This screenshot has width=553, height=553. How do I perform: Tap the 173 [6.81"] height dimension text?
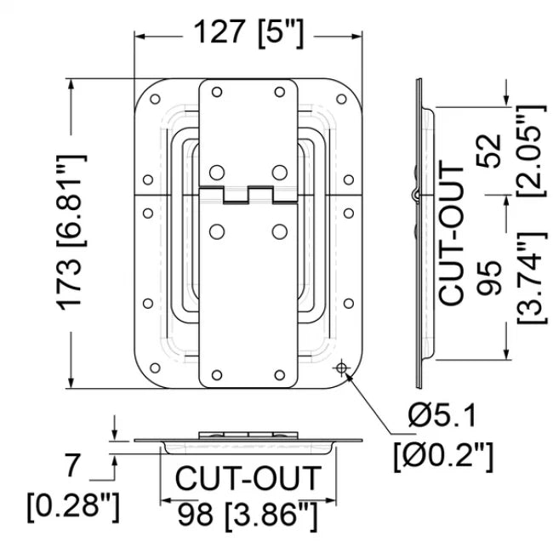[x=75, y=231]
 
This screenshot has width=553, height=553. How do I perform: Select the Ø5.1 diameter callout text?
[x=442, y=417]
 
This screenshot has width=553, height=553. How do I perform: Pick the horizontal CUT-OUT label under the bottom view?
[x=249, y=479]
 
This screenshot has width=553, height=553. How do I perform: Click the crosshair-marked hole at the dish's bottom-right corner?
[x=342, y=367]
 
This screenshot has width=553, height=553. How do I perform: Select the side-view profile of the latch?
[x=419, y=231]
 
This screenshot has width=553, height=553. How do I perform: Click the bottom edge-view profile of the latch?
[x=247, y=440]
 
